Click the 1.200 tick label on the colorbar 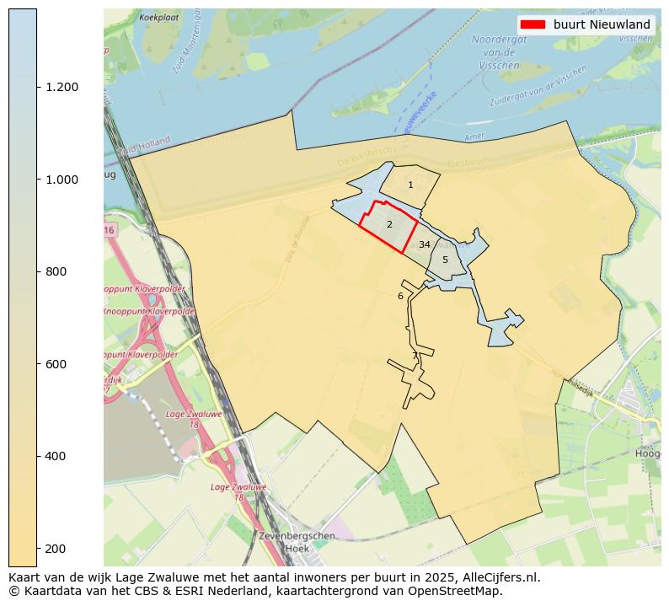point(62,87)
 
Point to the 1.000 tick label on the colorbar point(62,180)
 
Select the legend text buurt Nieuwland point(602,24)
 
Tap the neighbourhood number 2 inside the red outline point(389,225)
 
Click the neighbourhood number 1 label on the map point(410,185)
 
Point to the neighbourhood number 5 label point(445,260)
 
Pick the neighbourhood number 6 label point(400,296)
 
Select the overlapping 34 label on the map point(425,244)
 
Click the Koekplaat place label point(159,17)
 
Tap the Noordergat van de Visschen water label point(499,51)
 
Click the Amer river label point(474,137)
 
